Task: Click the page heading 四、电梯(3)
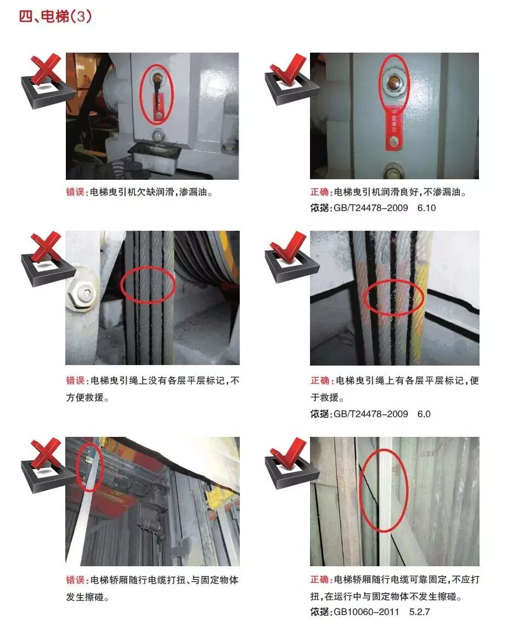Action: click(55, 16)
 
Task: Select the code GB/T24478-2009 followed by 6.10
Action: click(371, 208)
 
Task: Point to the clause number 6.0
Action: click(424, 414)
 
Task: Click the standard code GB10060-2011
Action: click(366, 612)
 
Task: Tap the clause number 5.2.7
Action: click(419, 612)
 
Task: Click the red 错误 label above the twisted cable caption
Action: click(75, 580)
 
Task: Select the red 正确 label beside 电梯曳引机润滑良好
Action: click(320, 192)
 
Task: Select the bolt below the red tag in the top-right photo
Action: click(392, 171)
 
